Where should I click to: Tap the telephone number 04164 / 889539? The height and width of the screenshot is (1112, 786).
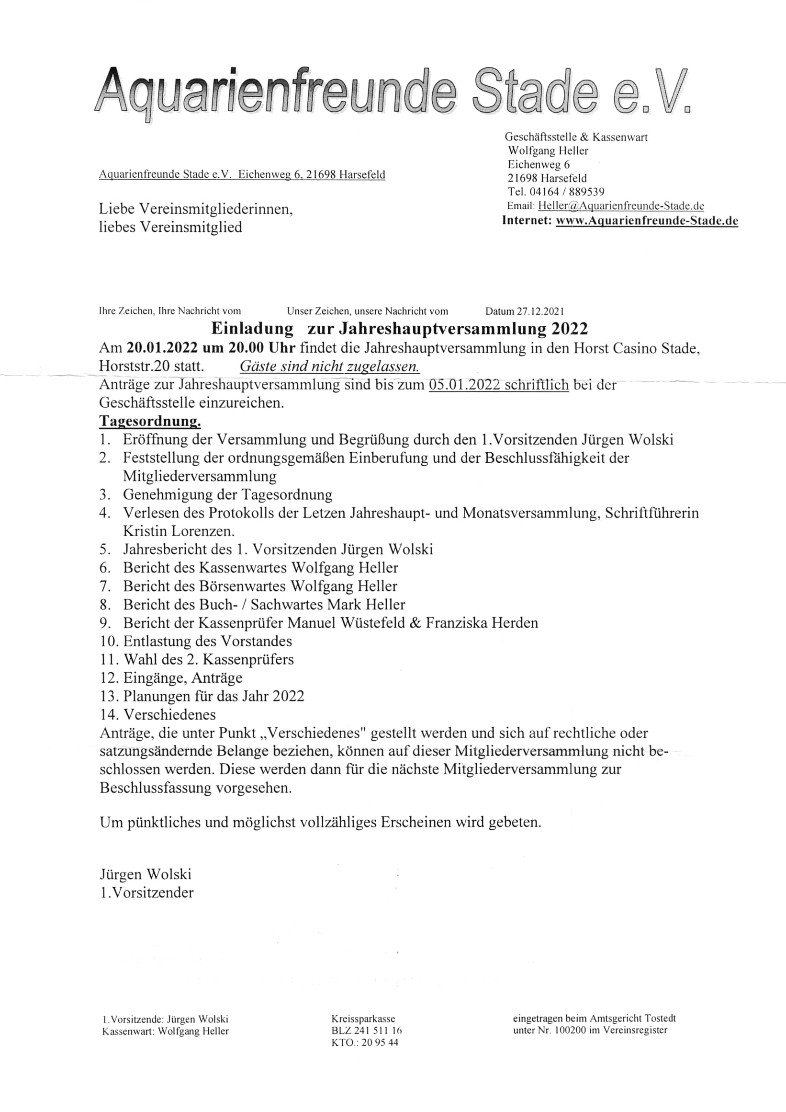(569, 192)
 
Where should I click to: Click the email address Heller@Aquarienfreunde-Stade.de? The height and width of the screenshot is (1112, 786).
(621, 206)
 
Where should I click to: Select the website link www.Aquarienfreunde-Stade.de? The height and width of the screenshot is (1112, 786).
(647, 221)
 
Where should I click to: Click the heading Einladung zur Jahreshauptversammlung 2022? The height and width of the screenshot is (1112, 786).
(399, 329)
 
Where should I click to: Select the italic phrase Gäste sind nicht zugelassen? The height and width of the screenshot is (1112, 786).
(330, 367)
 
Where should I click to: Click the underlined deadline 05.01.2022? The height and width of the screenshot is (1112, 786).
(464, 385)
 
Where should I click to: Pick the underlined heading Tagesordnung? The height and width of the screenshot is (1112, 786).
(150, 421)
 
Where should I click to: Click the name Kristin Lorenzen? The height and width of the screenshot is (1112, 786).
(179, 531)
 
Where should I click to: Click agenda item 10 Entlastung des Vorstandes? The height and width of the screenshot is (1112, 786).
(208, 641)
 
